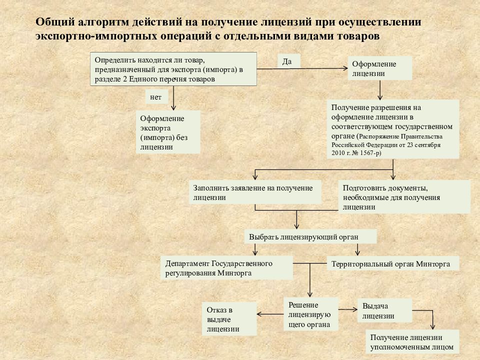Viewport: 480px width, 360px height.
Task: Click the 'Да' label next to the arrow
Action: point(287,61)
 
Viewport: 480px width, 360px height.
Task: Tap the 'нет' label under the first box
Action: point(155,97)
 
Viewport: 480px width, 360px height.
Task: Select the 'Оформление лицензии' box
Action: point(380,68)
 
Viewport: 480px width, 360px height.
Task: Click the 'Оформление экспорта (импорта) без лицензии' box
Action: point(168,132)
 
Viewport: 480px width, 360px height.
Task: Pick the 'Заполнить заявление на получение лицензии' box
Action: point(255,192)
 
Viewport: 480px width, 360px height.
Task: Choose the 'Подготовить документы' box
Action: point(404,196)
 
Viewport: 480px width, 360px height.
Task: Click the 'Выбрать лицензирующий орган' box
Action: point(310,236)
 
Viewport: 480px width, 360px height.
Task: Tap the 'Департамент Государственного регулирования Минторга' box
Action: point(227,267)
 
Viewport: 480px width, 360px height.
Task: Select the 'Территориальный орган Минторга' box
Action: point(393,263)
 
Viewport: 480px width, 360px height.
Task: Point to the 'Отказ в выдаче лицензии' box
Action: point(229,319)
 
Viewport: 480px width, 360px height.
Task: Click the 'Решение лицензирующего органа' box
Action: point(311,314)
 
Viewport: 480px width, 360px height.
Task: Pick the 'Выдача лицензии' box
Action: point(385,310)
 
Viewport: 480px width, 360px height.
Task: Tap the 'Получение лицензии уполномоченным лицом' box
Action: point(412,342)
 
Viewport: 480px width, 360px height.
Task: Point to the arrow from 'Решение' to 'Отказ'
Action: point(270,314)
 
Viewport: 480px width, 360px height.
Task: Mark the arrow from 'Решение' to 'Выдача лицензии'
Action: point(348,309)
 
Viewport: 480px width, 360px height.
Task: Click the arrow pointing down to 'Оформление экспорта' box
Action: point(173,98)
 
